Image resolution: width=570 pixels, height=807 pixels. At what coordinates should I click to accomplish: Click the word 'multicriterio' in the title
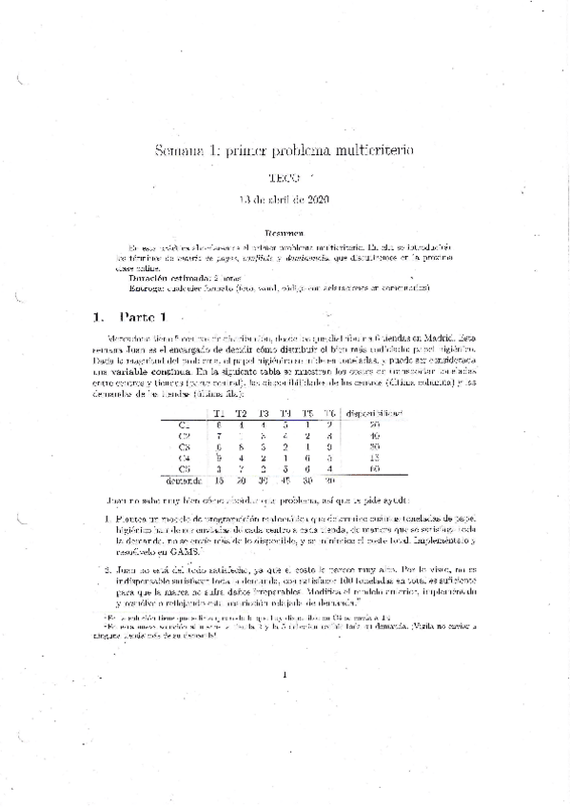pyautogui.click(x=369, y=150)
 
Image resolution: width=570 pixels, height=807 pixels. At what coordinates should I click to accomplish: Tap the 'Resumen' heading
pyautogui.click(x=285, y=232)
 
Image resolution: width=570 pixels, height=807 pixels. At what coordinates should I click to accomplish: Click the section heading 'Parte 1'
pyautogui.click(x=143, y=318)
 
